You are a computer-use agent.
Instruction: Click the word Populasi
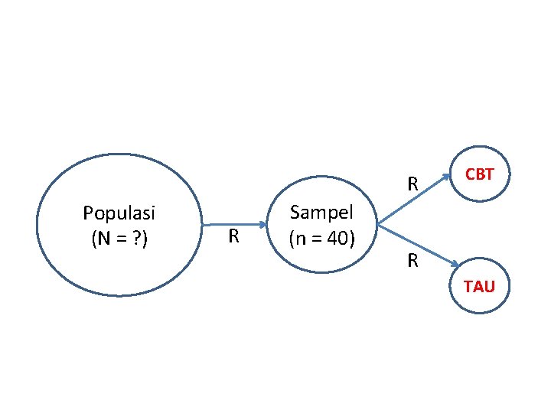(119, 212)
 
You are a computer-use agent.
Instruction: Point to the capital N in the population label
(101, 239)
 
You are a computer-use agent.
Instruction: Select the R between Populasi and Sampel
(235, 237)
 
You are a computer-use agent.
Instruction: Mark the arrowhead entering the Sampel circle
(262, 225)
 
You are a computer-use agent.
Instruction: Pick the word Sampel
(321, 212)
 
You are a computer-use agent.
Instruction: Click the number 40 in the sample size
(337, 239)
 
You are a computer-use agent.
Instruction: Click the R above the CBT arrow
(412, 184)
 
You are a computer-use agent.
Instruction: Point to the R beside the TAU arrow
(412, 262)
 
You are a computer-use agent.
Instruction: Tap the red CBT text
(480, 174)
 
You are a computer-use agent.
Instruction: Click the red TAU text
(479, 287)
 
